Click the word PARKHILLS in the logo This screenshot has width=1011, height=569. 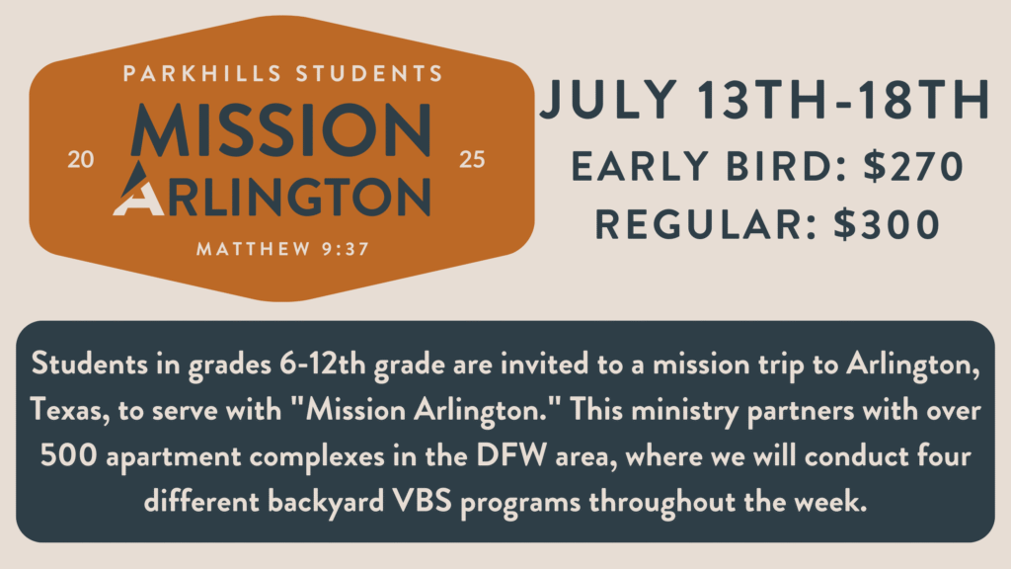[x=202, y=73]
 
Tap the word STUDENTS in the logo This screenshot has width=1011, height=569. [x=369, y=73]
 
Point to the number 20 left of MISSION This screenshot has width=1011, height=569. [x=81, y=159]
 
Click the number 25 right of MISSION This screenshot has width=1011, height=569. [x=472, y=159]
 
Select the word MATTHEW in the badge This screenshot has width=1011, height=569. [x=254, y=249]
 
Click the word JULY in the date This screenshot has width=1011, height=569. [x=608, y=100]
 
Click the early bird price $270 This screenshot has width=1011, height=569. [x=913, y=166]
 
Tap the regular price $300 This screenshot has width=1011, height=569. [x=887, y=224]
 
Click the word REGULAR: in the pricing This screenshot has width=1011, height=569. [x=707, y=224]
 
